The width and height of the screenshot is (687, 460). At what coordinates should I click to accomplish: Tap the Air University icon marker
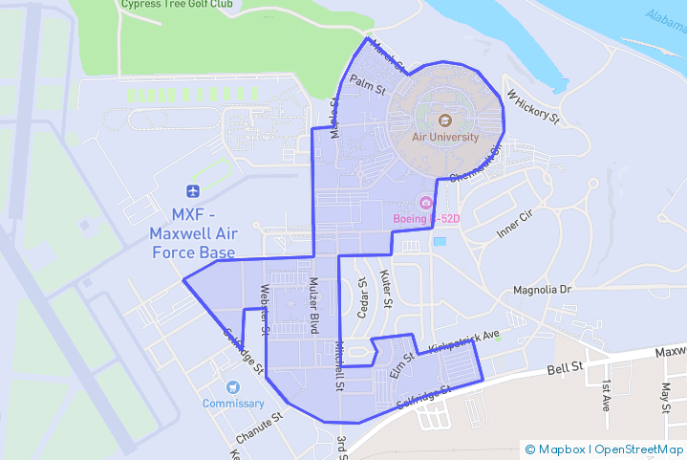pyautogui.click(x=444, y=120)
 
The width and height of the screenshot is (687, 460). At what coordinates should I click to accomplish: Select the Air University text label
pyautogui.click(x=444, y=137)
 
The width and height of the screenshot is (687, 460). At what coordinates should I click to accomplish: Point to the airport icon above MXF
pyautogui.click(x=194, y=190)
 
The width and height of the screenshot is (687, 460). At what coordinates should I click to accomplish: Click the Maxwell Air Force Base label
pyautogui.click(x=194, y=232)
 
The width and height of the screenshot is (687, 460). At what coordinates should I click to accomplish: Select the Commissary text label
pyautogui.click(x=233, y=404)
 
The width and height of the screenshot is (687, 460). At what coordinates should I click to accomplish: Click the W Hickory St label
pyautogui.click(x=532, y=107)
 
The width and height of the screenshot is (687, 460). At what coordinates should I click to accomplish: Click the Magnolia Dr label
pyautogui.click(x=541, y=289)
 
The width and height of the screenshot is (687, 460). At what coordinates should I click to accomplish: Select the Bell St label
pyautogui.click(x=565, y=368)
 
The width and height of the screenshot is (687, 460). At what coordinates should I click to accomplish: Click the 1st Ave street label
pyautogui.click(x=606, y=394)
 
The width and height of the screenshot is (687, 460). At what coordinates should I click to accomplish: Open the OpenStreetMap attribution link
pyautogui.click(x=639, y=449)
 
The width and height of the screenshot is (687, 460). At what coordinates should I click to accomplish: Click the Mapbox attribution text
pyautogui.click(x=562, y=449)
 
